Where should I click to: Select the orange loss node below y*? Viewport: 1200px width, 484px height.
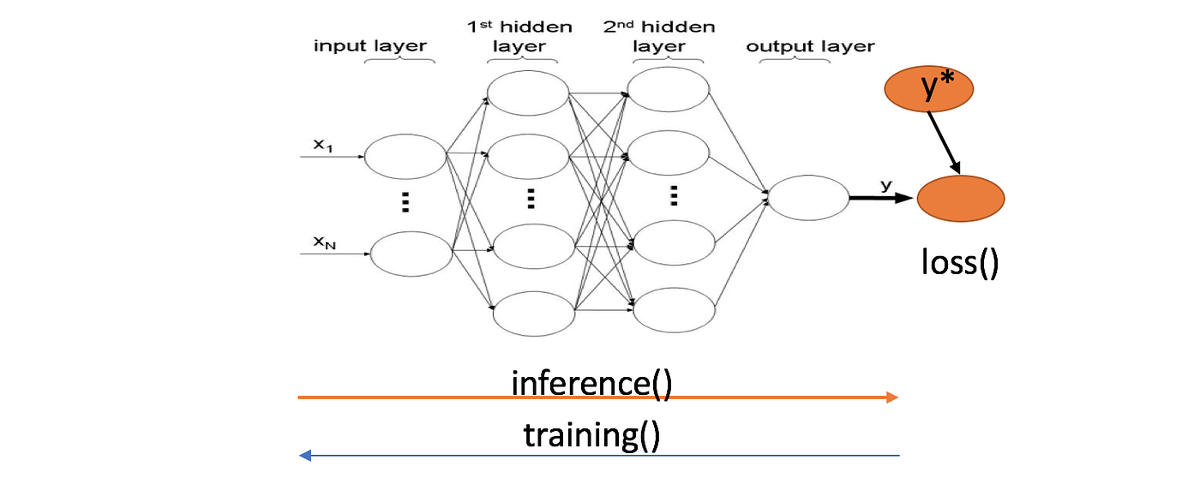tap(961, 198)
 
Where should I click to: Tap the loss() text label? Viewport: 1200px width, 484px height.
tap(960, 261)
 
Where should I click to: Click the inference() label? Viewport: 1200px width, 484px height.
tap(591, 382)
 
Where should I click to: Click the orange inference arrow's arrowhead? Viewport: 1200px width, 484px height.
tap(893, 397)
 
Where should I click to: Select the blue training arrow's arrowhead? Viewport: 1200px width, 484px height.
tap(304, 456)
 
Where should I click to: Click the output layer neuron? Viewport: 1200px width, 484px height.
tap(808, 198)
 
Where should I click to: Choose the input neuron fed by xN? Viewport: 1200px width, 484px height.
tap(411, 254)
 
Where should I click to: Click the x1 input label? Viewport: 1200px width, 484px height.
tap(322, 145)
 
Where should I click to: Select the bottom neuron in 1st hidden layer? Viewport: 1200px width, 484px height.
tap(534, 314)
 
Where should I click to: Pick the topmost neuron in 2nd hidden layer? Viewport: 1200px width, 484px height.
tap(669, 89)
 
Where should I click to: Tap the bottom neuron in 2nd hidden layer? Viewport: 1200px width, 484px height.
tap(674, 310)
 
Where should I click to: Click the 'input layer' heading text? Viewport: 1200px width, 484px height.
tap(369, 46)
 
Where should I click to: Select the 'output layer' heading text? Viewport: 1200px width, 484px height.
tap(810, 46)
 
